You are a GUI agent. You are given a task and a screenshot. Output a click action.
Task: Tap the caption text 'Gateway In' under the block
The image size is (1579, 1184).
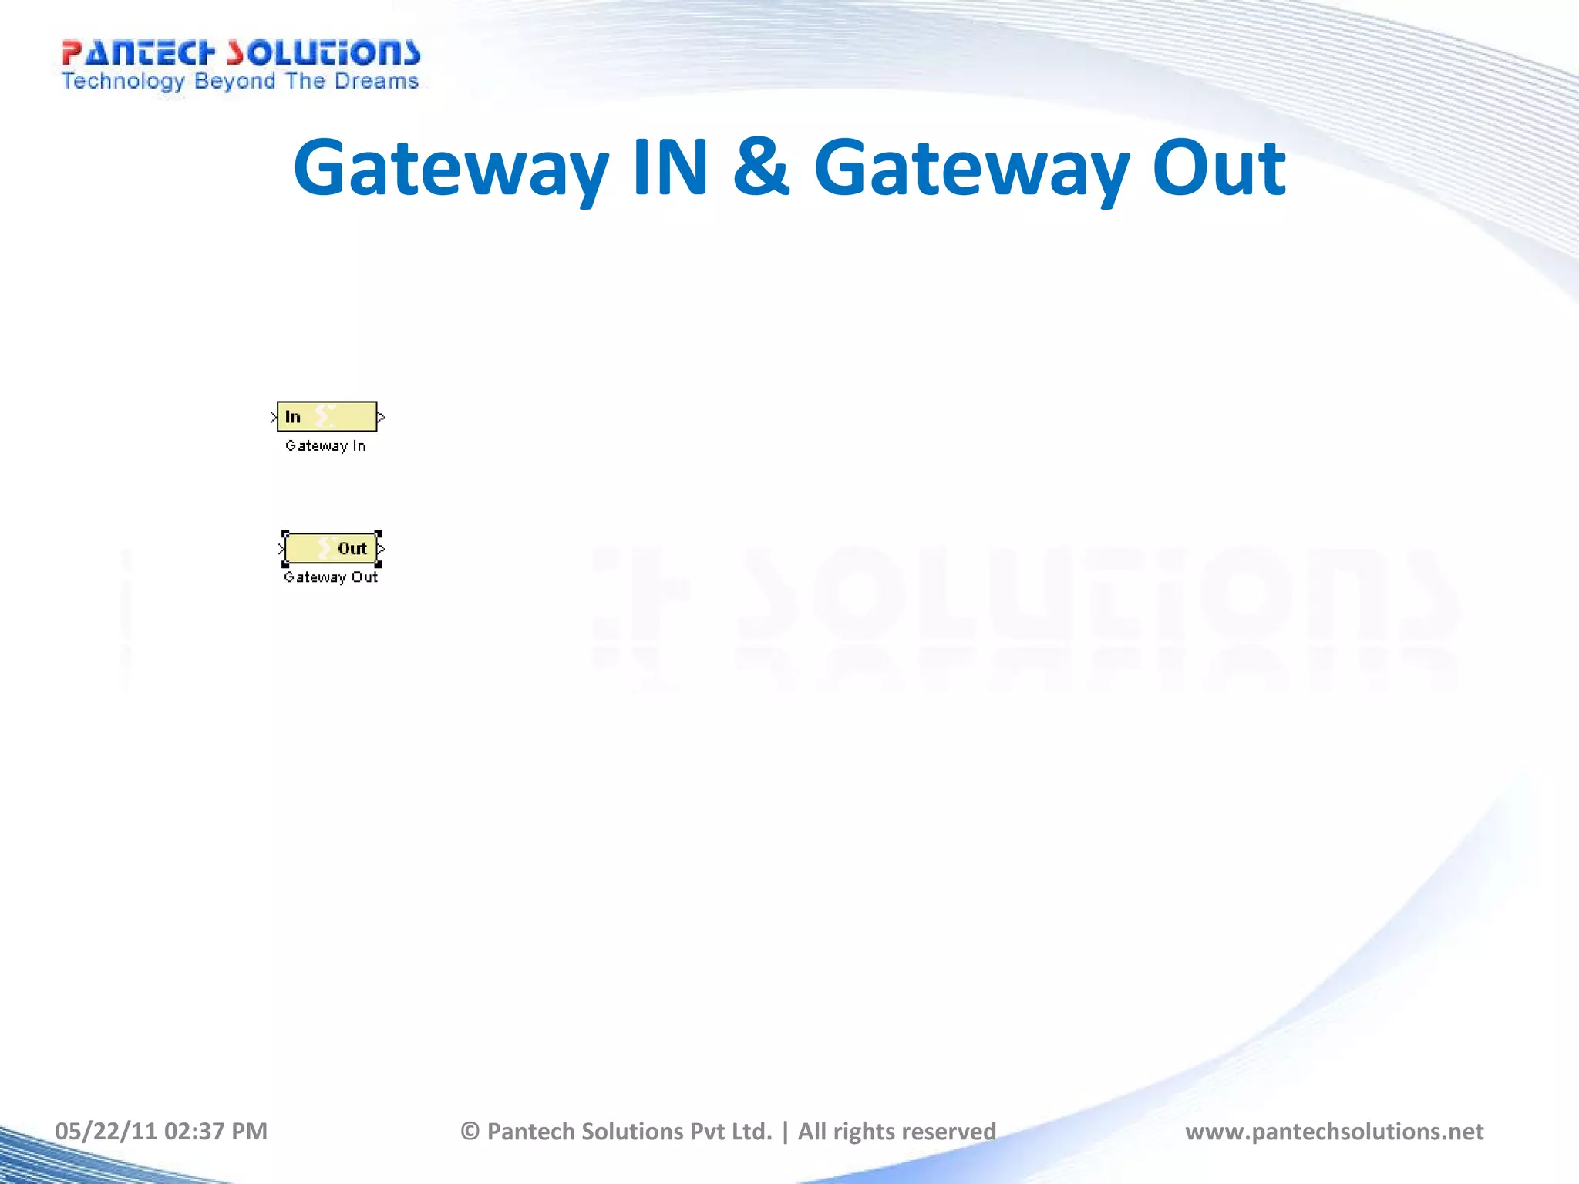click(325, 446)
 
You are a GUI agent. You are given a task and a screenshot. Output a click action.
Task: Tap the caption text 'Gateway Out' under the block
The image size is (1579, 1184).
click(331, 577)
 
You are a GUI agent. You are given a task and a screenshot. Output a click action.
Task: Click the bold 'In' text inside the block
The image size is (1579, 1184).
click(293, 417)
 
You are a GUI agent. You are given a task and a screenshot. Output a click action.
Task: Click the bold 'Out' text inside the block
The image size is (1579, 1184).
click(352, 548)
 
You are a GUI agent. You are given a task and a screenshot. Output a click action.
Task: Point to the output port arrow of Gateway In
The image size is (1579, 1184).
click(381, 417)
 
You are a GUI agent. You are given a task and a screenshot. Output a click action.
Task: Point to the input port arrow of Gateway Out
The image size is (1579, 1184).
click(281, 549)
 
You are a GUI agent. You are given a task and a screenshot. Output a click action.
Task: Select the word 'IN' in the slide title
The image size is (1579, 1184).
click(669, 168)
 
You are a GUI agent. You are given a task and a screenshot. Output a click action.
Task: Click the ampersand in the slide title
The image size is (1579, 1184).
click(761, 168)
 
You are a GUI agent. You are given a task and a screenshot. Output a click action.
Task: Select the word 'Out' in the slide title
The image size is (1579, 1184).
click(1218, 168)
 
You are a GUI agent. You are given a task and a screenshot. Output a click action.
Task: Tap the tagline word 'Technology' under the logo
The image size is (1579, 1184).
click(123, 82)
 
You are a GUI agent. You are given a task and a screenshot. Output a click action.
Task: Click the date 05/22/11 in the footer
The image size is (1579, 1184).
click(106, 1131)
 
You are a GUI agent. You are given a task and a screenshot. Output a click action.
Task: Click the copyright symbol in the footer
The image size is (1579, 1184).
click(470, 1131)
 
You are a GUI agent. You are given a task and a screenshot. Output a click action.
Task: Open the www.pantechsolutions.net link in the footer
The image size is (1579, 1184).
click(1334, 1131)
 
